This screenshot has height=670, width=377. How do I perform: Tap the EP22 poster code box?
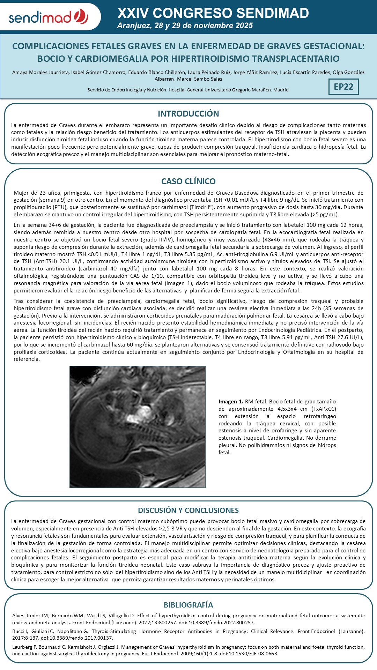coord(343,87)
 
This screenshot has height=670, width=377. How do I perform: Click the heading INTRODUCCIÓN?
coord(188,114)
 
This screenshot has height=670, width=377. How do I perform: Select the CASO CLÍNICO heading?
coord(188,181)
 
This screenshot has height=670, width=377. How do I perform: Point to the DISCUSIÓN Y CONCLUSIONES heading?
coord(188,511)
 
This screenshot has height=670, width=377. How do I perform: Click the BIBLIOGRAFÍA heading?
coord(188,605)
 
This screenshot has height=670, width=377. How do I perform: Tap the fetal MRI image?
coord(138,426)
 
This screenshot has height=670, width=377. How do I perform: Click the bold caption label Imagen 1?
coord(231,402)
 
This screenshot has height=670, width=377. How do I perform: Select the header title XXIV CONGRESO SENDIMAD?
coord(213,13)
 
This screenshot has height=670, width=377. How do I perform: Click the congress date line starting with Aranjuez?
coord(185,26)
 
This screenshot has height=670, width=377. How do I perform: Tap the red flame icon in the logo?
coord(81,16)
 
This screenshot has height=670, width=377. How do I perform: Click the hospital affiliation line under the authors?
coord(188,90)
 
